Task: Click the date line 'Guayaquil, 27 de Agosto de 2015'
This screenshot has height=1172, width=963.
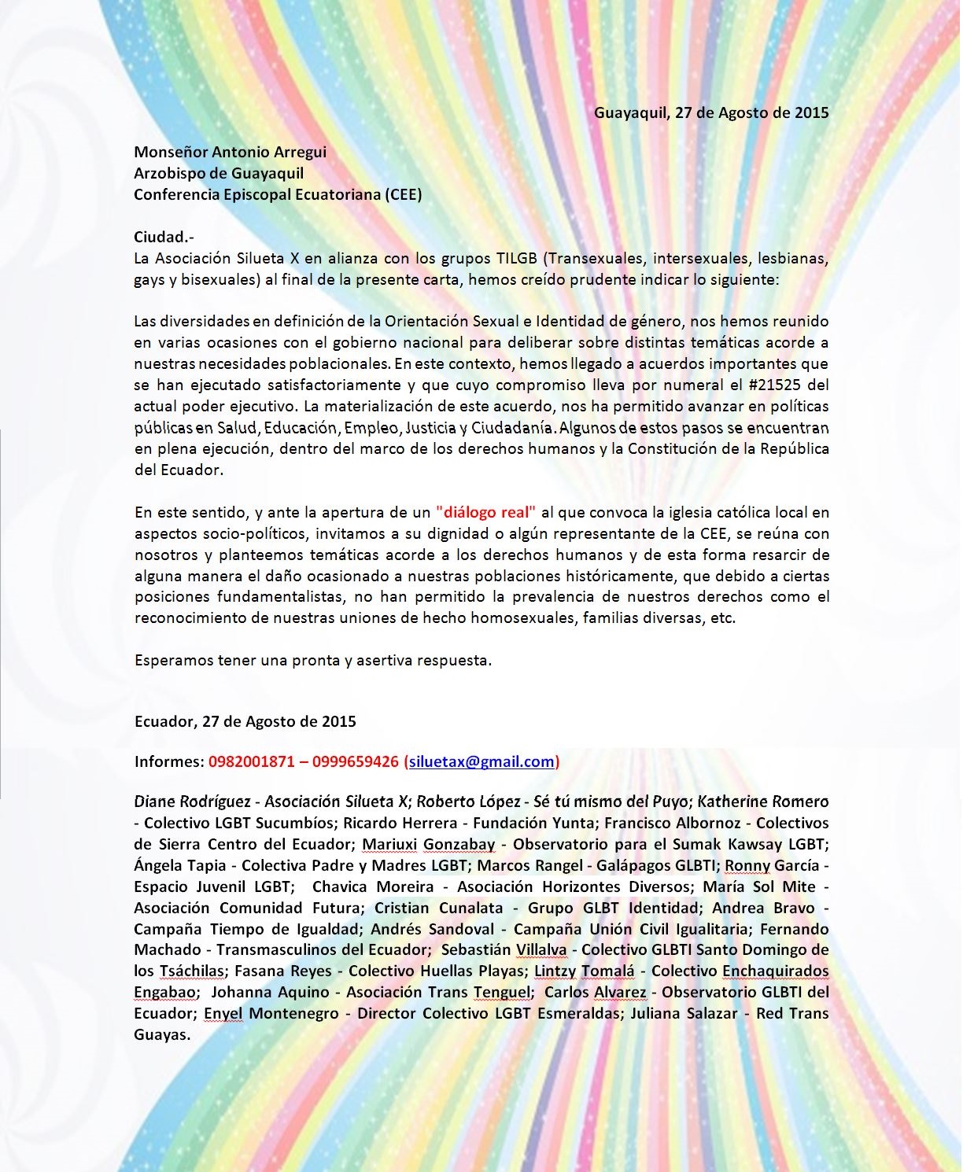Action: [x=710, y=112]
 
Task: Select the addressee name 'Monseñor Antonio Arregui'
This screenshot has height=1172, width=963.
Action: [x=230, y=152]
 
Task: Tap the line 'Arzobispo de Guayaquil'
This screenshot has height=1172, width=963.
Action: [x=219, y=173]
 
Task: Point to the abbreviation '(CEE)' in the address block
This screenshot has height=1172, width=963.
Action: [x=404, y=194]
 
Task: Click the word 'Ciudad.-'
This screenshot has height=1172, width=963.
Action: [x=164, y=237]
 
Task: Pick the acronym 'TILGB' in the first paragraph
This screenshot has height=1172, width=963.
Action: [x=516, y=258]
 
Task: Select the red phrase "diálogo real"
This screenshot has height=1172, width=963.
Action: [x=485, y=512]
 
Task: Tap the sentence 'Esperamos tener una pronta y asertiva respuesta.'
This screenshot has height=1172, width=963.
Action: [x=313, y=660]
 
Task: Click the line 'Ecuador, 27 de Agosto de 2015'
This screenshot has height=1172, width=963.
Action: [x=245, y=721]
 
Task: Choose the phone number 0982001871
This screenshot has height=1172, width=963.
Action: [x=252, y=761]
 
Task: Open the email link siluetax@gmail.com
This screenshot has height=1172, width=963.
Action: [x=481, y=761]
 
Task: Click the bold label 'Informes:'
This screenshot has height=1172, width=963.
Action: [x=169, y=761]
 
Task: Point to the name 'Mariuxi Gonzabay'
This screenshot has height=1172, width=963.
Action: [x=428, y=844]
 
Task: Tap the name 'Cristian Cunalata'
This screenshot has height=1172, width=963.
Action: [x=438, y=908]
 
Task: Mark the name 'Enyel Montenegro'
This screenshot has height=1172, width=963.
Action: [x=271, y=1013]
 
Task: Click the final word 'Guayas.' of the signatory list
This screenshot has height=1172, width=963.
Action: [x=162, y=1034]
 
